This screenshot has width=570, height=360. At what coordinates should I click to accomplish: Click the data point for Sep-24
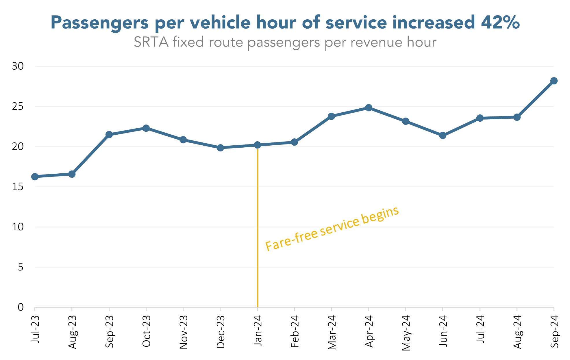(554, 81)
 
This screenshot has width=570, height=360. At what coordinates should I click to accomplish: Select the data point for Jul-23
(35, 177)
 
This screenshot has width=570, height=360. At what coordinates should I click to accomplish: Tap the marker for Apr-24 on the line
(369, 108)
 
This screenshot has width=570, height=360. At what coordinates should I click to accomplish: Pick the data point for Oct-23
(146, 128)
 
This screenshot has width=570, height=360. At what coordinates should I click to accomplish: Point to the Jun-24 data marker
(443, 136)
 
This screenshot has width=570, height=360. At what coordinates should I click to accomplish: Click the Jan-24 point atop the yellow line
(257, 145)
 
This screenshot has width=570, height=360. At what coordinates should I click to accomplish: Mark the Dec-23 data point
(220, 148)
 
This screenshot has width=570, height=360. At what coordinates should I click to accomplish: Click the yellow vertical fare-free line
(257, 231)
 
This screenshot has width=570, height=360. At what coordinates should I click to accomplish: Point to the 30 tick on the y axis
(18, 66)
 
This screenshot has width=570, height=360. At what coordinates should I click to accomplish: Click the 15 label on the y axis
(18, 187)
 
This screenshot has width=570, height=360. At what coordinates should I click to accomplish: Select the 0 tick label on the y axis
(21, 307)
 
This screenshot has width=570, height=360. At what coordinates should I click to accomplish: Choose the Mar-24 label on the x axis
(332, 332)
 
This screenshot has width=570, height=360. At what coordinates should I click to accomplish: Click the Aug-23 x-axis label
(72, 332)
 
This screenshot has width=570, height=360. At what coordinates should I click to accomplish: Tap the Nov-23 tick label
(184, 332)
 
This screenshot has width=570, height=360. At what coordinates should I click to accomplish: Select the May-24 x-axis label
(406, 333)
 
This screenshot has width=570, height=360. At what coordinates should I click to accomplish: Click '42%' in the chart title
(500, 22)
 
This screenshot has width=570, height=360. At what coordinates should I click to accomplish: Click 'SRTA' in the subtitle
(151, 42)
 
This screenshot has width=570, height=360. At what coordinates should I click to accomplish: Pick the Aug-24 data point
(517, 117)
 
